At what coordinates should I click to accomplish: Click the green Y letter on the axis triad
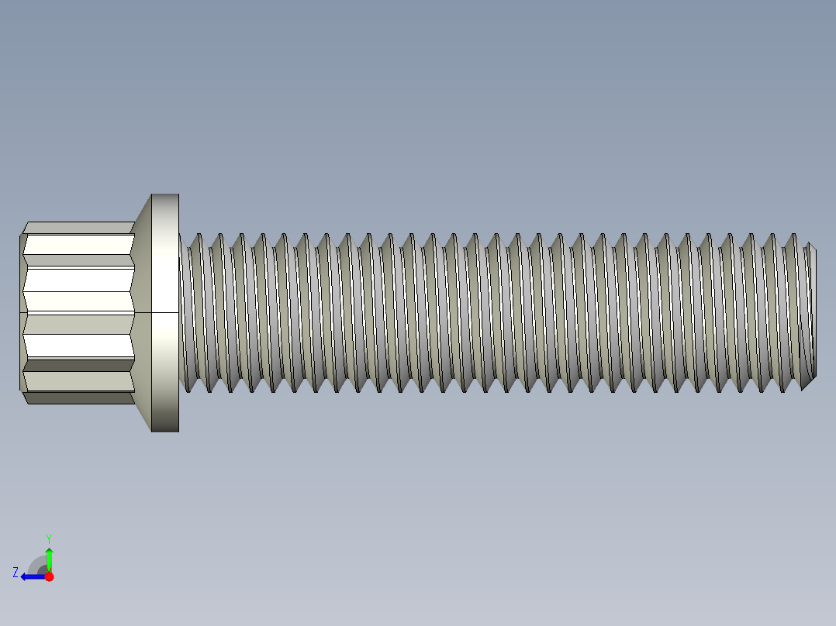(49, 538)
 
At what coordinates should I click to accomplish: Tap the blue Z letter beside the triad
(15, 573)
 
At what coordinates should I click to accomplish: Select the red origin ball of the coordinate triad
(50, 576)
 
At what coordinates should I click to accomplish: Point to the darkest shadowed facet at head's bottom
(78, 398)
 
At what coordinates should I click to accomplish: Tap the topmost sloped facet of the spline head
(78, 228)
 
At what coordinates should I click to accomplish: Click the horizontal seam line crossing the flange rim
(165, 312)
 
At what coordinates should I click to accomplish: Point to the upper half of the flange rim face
(165, 256)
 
